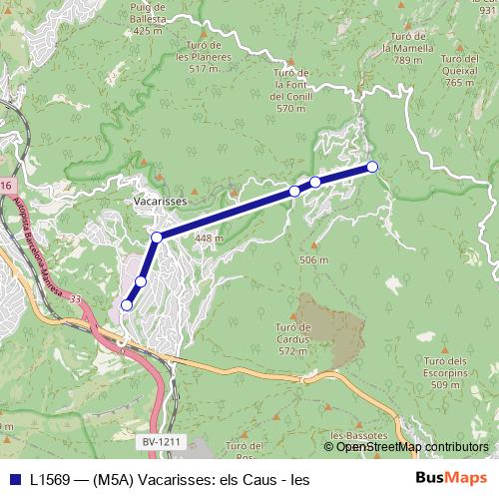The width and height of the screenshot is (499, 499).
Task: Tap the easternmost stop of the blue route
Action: (x=372, y=167)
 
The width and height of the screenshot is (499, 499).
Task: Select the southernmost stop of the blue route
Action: (x=127, y=304)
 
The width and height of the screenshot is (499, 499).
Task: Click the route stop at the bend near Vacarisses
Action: (x=157, y=238)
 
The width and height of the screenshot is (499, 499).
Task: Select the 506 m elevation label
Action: (x=314, y=260)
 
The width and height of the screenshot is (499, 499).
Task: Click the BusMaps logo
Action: (x=451, y=479)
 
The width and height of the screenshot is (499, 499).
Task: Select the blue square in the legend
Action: (x=13, y=479)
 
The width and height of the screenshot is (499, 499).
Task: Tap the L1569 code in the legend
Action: (x=50, y=479)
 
